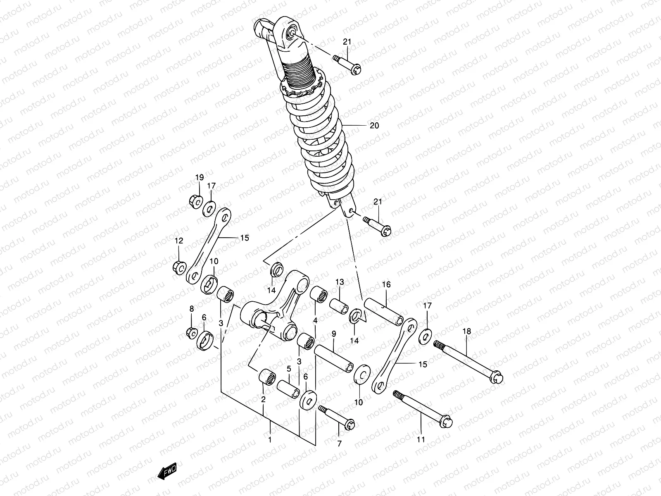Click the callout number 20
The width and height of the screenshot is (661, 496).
click(374, 126)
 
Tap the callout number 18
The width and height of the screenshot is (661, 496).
click(466, 331)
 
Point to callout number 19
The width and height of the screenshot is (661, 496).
click(200, 178)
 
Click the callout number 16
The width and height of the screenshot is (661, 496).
click(386, 284)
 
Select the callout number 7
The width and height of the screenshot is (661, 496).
click(339, 444)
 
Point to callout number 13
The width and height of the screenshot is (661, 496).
click(340, 282)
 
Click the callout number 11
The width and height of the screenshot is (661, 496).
click(421, 440)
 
